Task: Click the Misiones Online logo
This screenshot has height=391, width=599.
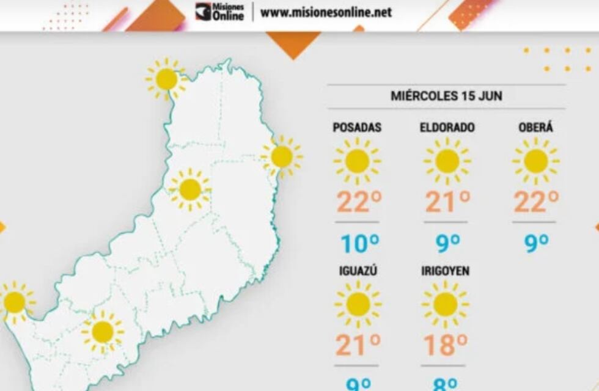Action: pyautogui.click(x=220, y=12)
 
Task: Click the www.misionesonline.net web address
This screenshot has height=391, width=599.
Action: pyautogui.click(x=326, y=12)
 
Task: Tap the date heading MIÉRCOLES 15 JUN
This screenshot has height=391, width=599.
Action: pyautogui.click(x=446, y=96)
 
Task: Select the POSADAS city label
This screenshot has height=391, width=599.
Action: pyautogui.click(x=357, y=128)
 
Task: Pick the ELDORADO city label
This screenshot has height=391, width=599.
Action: pyautogui.click(x=447, y=128)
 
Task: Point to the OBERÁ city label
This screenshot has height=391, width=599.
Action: pyautogui.click(x=535, y=128)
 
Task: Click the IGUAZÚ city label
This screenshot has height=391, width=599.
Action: pyautogui.click(x=357, y=271)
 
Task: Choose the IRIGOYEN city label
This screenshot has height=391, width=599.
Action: pyautogui.click(x=445, y=271)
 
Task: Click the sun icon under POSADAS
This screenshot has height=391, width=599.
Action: pyautogui.click(x=357, y=161)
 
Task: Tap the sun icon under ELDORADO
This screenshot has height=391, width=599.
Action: pyautogui.click(x=447, y=161)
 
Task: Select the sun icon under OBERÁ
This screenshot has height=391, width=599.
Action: pyautogui.click(x=535, y=161)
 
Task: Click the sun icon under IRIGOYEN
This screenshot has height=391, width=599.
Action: pyautogui.click(x=445, y=304)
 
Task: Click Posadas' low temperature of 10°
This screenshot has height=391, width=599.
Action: pyautogui.click(x=359, y=244)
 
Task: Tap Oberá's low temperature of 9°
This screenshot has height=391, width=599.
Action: pyautogui.click(x=537, y=244)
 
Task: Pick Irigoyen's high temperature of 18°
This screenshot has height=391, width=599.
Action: pyautogui.click(x=446, y=345)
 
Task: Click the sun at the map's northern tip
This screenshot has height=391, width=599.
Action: pyautogui.click(x=166, y=79)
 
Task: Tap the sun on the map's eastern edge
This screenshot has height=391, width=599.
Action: pyautogui.click(x=282, y=156)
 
